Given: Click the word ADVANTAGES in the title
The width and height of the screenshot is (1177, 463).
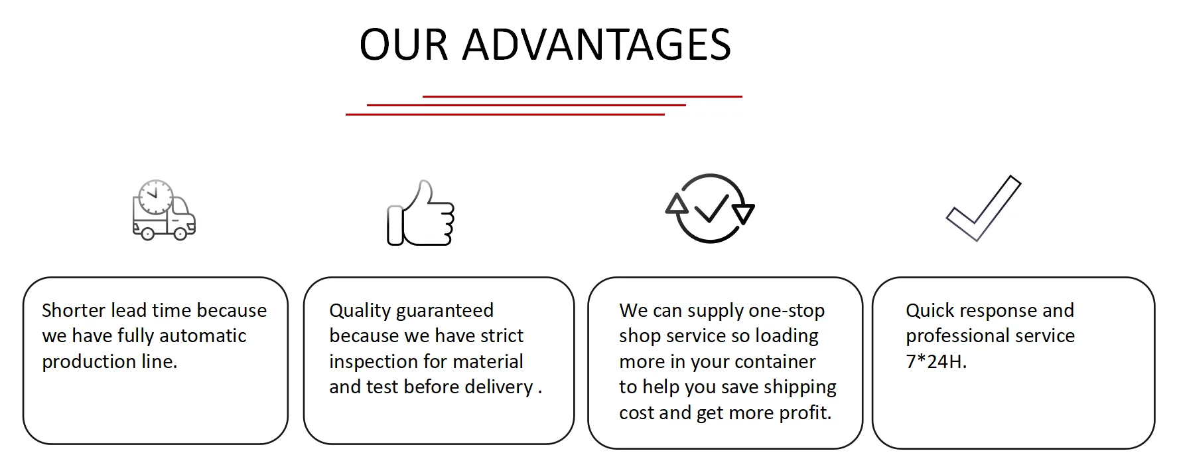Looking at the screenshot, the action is (596, 45).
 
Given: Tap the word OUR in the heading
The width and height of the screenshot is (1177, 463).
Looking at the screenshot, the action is (404, 45).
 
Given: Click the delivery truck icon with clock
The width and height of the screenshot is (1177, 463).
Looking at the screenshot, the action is (164, 210).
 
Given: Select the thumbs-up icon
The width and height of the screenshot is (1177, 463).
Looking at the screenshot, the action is (421, 213).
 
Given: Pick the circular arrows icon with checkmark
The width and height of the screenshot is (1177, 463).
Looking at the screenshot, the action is (710, 208).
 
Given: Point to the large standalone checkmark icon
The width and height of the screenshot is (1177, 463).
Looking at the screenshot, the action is (983, 208).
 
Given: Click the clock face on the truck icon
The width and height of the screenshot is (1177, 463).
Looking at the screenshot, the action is (156, 197).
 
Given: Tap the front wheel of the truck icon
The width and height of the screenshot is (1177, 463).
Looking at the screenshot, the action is (180, 232).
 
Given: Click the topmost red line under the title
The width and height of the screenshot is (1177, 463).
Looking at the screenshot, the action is (583, 96).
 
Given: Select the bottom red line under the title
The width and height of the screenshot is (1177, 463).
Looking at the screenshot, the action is (505, 114).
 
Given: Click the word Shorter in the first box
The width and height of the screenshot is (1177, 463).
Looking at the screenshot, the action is (74, 310).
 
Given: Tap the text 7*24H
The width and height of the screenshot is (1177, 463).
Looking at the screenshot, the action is (936, 362).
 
